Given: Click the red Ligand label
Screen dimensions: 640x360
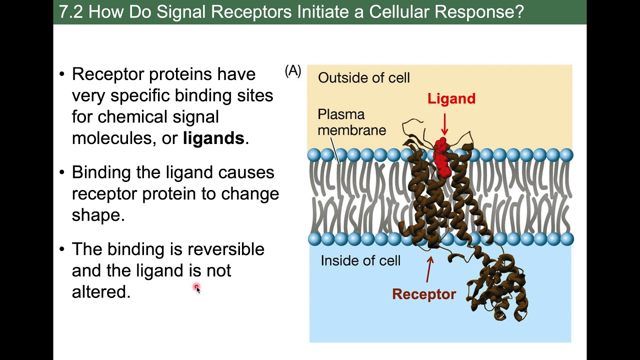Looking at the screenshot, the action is click(x=451, y=99).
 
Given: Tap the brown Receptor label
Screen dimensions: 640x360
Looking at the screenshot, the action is click(x=424, y=294).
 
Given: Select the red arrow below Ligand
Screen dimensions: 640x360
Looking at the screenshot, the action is click(x=444, y=124).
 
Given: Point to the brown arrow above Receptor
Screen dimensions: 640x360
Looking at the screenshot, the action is click(x=429, y=269).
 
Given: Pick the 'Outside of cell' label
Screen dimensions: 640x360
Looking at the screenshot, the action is click(x=363, y=77).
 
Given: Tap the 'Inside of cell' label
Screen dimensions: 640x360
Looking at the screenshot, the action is click(x=360, y=260).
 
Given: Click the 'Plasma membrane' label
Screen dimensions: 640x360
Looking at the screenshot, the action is click(x=351, y=122).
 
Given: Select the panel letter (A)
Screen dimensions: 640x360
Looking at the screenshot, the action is click(x=293, y=71).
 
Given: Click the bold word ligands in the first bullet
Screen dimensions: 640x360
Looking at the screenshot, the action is click(x=213, y=138).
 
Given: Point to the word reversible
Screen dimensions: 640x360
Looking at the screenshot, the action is click(x=225, y=249).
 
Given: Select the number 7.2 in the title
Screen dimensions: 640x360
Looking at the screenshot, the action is click(x=71, y=12).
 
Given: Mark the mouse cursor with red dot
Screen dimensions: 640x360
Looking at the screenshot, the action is click(x=197, y=288).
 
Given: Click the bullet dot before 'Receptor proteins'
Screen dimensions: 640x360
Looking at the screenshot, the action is click(x=62, y=74).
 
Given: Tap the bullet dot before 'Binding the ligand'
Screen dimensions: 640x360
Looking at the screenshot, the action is click(x=62, y=172).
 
